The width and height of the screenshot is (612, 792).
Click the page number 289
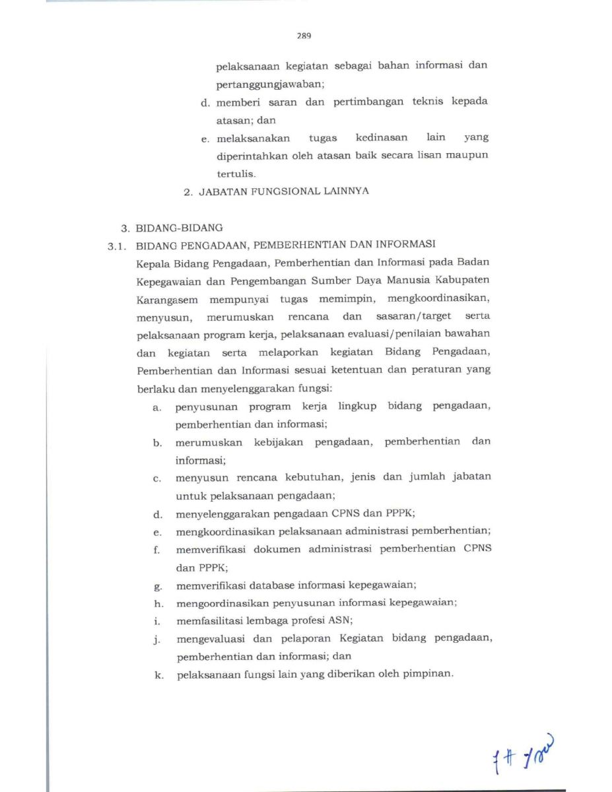[x=304, y=36]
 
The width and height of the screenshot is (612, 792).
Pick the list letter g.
[x=157, y=585]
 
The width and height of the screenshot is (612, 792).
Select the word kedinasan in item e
[x=382, y=138]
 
